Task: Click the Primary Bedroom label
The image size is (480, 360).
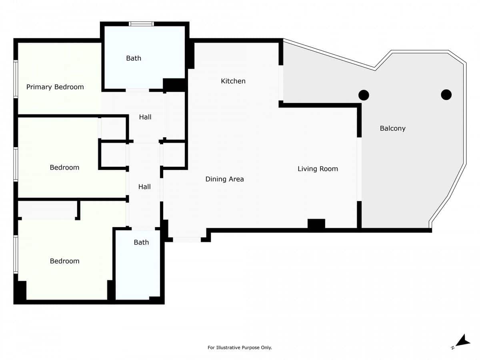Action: point(55,87)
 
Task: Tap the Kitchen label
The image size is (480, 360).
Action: point(233,81)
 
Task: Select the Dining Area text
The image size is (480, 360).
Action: point(224,179)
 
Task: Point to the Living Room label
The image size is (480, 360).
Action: point(318,169)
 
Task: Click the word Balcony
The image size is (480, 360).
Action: point(392,128)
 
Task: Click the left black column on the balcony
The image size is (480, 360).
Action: point(364,95)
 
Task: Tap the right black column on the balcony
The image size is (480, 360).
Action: point(446,95)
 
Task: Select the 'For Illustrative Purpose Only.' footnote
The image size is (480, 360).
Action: point(240,348)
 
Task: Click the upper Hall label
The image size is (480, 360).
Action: point(145,117)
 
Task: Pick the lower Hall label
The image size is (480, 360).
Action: point(144,187)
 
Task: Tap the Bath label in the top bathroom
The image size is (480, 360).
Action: point(134,58)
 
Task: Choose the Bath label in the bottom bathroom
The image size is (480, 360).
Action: point(141,242)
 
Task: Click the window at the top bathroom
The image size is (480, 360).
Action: point(141,24)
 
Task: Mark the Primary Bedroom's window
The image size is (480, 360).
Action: point(16,79)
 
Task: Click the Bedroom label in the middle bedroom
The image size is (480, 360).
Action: point(64,167)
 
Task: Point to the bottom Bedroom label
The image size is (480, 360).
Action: point(64,261)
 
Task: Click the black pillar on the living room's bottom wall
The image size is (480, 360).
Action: point(316,224)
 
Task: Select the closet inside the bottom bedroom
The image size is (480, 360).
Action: point(47,210)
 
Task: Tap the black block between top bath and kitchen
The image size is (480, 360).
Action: point(175,84)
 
